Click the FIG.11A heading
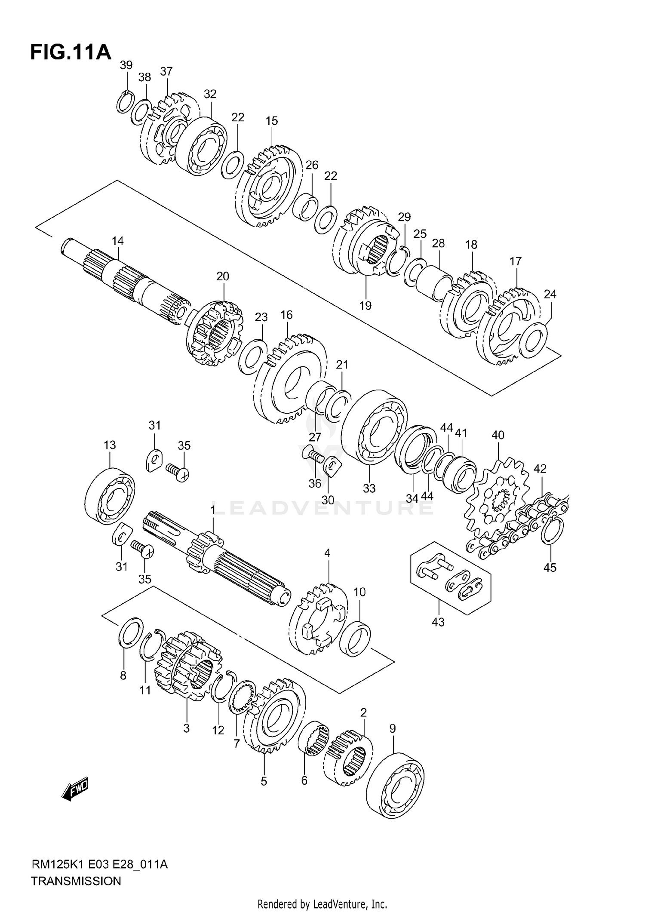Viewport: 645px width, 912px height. pos(71,52)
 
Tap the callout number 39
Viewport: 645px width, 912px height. pos(126,65)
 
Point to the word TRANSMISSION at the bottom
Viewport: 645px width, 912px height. pos(76,881)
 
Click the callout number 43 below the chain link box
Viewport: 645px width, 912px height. pos(438,622)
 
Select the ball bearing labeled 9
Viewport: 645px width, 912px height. pos(396,785)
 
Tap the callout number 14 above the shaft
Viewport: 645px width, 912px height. pos(118,241)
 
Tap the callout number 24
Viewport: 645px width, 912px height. pos(550,294)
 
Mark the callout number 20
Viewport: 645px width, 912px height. pos(223,276)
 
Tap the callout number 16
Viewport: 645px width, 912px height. pos(286,315)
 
